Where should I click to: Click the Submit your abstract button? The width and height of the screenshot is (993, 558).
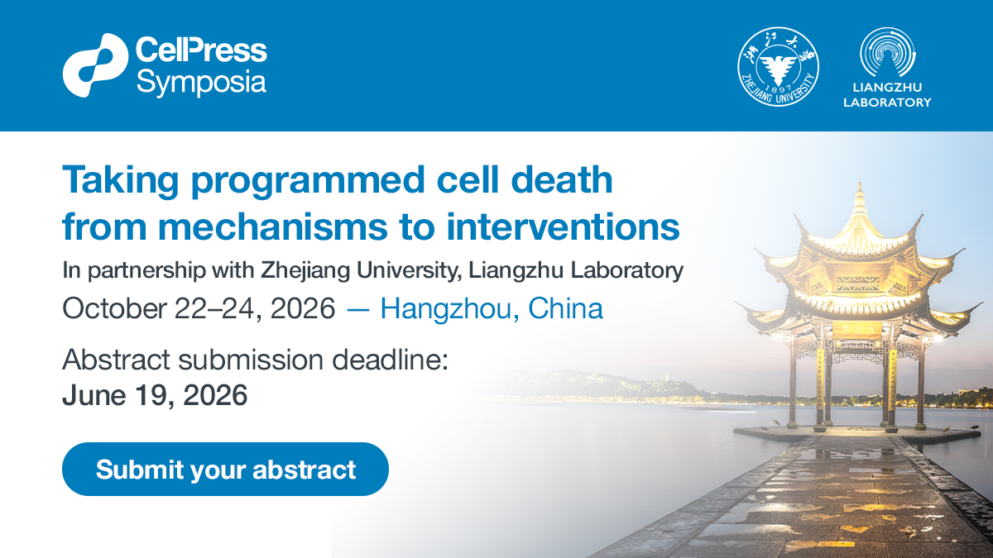[x=225, y=469]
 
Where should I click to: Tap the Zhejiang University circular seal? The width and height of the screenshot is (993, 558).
[x=778, y=66]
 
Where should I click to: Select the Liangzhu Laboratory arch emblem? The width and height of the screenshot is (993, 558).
[x=887, y=52]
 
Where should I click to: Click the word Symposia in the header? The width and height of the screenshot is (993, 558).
[x=201, y=83]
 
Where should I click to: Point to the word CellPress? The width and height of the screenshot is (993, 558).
[x=201, y=50]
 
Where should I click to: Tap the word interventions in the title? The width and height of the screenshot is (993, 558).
[x=563, y=227]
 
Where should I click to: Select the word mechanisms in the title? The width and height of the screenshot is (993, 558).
[x=272, y=227]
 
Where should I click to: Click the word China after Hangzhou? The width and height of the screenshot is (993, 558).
[x=566, y=308]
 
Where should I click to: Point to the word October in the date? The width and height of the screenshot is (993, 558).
[x=114, y=308]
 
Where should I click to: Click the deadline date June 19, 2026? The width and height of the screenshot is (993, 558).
[x=155, y=395]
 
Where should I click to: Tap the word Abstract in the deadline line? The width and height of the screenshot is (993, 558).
[x=116, y=359]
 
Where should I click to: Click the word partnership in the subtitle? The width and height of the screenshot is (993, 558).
[x=146, y=270]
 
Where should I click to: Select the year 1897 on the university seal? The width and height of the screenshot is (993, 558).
[x=778, y=88]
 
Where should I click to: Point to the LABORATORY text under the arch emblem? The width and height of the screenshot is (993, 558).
[x=887, y=103]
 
